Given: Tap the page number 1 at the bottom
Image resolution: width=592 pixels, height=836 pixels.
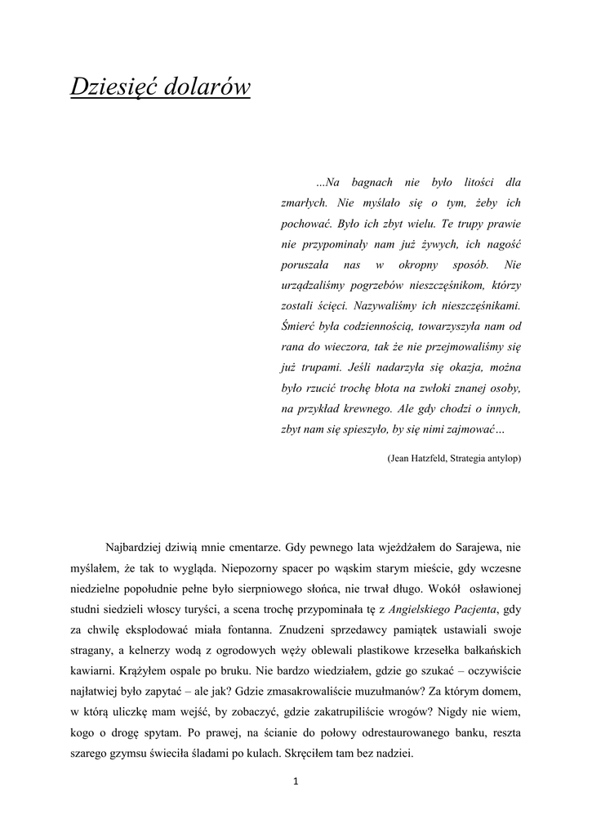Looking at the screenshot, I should pos(296,781).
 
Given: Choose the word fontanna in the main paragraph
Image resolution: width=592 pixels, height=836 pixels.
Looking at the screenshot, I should pos(247,630).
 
